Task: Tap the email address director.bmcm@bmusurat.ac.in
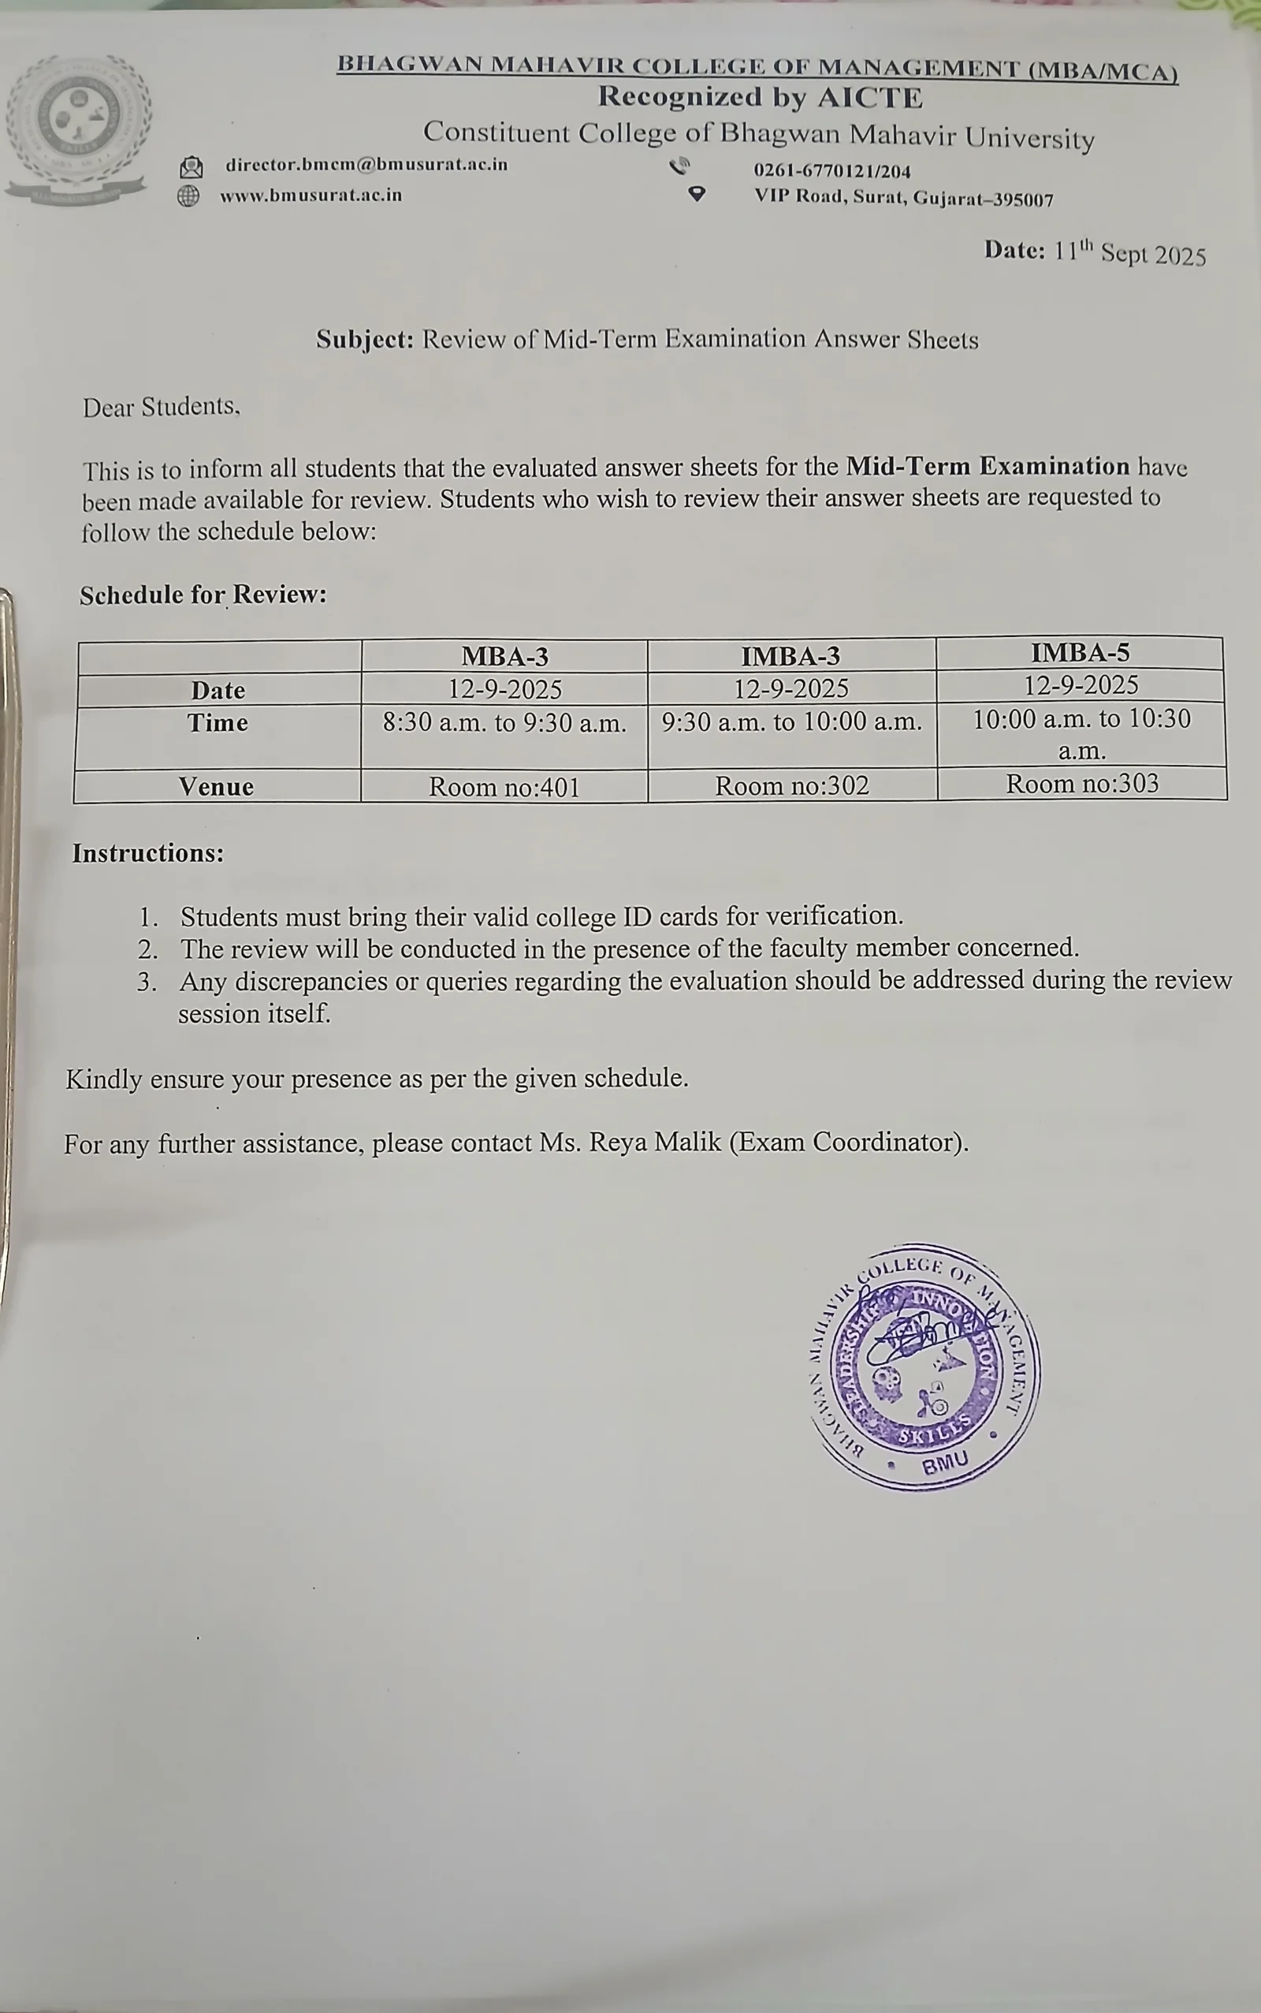point(366,164)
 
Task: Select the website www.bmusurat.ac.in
point(311,196)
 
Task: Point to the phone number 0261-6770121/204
point(831,171)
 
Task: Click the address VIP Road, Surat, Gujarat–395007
point(903,199)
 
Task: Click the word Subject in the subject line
point(363,340)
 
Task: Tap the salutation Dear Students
point(161,407)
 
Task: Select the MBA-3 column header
point(504,657)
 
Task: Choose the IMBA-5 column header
point(1080,652)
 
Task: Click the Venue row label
point(216,787)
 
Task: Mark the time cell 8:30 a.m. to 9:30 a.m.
point(504,722)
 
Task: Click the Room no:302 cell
point(791,786)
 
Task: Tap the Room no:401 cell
point(504,788)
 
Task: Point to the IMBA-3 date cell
point(790,688)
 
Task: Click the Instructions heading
point(147,853)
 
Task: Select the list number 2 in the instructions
point(147,949)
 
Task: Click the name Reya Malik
point(655,1141)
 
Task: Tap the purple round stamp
point(925,1367)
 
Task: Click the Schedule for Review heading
point(203,595)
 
